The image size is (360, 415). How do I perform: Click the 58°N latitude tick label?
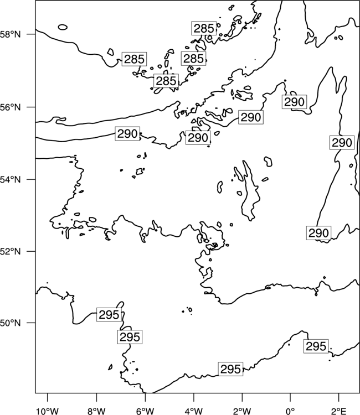coord(10,34)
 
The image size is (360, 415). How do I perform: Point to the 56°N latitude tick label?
coord(10,107)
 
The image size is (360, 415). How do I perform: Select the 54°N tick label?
coord(10,179)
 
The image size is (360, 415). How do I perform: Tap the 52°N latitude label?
coord(10,251)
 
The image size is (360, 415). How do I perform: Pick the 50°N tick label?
coord(10,323)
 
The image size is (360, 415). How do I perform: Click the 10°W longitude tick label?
coord(48,411)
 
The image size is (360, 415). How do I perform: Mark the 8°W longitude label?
coord(96,411)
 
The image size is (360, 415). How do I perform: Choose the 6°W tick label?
coord(145,411)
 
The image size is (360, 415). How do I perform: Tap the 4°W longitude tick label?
coord(194,411)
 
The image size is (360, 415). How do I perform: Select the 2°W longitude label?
coord(242,411)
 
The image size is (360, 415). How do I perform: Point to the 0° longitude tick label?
coord(290,411)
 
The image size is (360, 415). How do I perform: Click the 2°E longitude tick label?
coord(339,411)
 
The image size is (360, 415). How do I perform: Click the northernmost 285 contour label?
coord(204,28)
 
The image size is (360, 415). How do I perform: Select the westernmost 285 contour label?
coord(134,59)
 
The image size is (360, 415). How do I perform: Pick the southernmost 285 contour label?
coord(166,81)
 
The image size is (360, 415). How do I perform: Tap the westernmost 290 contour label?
coord(127,134)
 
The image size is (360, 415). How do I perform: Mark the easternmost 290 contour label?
coord(342,143)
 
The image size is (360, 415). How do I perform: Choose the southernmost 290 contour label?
coord(318,233)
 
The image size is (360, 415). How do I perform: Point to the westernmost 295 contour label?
coord(109,315)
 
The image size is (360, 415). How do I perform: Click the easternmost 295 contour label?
coord(316,346)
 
